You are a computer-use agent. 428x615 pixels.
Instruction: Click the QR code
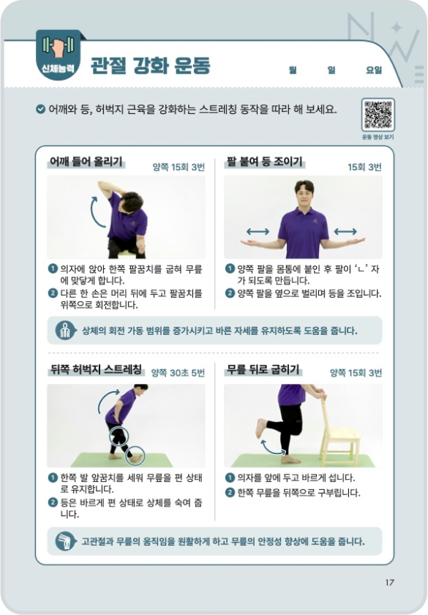(x=378, y=114)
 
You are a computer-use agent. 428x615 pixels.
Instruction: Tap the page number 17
(x=389, y=582)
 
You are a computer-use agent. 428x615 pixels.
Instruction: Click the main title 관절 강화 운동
(x=151, y=67)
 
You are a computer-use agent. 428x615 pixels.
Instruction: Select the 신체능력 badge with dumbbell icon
(x=59, y=56)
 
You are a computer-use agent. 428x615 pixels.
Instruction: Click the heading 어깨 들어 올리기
(x=86, y=162)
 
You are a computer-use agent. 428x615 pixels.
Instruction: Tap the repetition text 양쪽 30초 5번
(x=179, y=373)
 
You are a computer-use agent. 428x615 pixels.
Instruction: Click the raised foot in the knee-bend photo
(x=261, y=426)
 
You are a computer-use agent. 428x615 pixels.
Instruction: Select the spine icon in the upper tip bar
(x=64, y=330)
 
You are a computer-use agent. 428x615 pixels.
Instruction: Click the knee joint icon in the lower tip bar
(x=64, y=541)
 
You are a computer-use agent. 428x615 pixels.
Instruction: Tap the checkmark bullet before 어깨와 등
(x=41, y=109)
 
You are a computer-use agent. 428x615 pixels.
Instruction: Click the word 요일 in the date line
(x=374, y=70)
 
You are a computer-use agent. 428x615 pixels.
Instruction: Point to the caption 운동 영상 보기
(x=378, y=137)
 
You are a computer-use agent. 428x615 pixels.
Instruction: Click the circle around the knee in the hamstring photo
(x=118, y=437)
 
